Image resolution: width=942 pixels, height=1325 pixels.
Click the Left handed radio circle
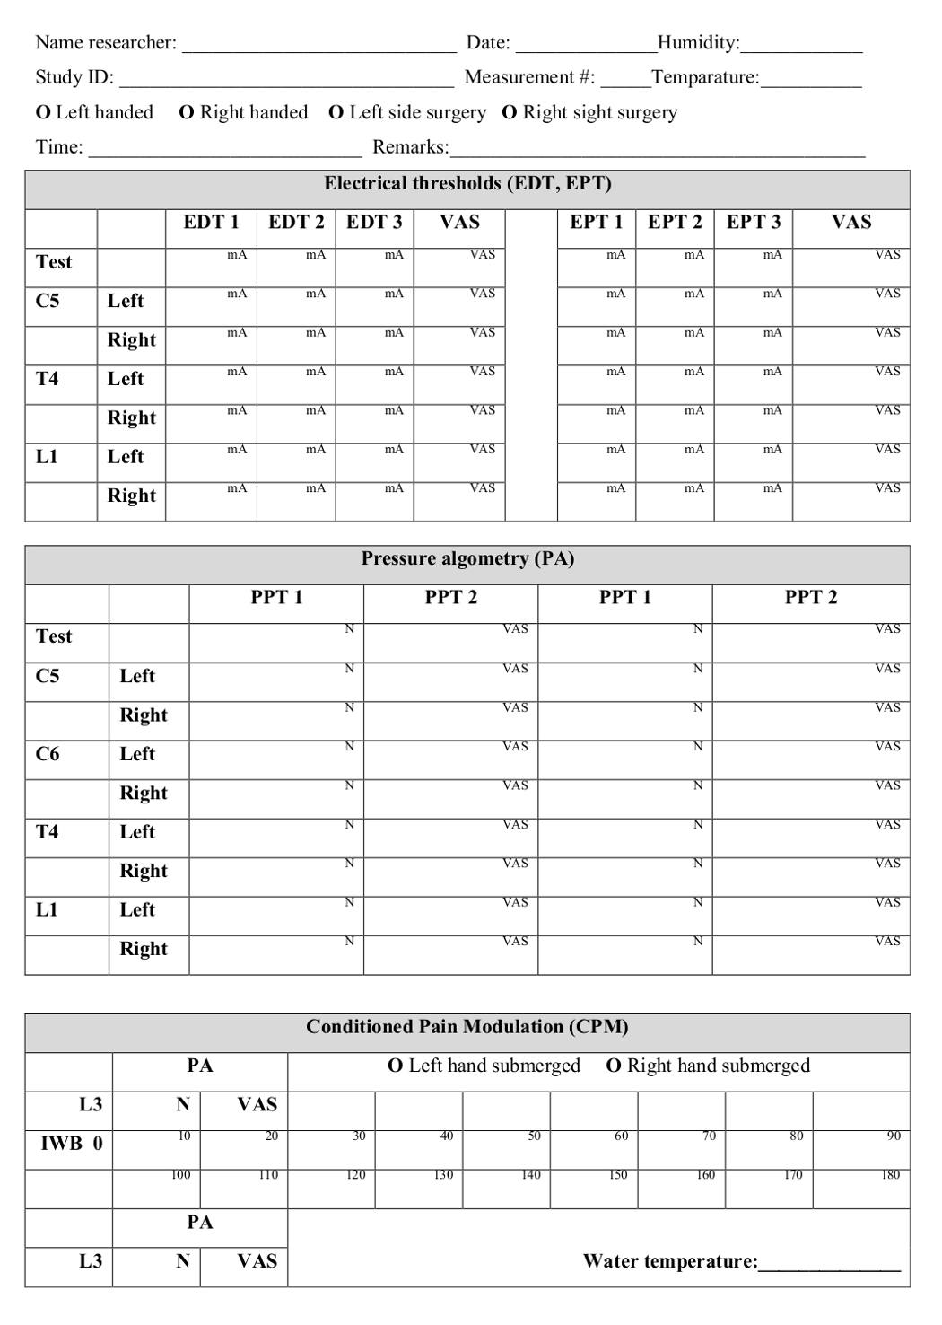pyautogui.click(x=43, y=113)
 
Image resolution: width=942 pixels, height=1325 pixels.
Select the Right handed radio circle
pyautogui.click(x=187, y=113)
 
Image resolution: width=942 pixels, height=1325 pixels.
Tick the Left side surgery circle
pyautogui.click(x=336, y=113)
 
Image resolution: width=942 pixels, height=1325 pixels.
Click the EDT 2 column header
pyautogui.click(x=296, y=223)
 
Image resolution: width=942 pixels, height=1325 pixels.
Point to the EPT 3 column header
pyautogui.click(x=754, y=223)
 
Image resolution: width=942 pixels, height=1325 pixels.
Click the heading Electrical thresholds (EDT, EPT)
pyautogui.click(x=467, y=184)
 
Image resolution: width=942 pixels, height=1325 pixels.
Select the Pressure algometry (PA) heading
pyautogui.click(x=467, y=559)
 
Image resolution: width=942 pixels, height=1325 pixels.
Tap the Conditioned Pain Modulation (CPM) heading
pyautogui.click(x=467, y=1027)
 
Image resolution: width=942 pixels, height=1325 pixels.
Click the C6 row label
pyautogui.click(x=48, y=754)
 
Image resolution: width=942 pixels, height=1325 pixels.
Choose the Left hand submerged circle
pyautogui.click(x=396, y=1066)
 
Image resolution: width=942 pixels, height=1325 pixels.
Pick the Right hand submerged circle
pyautogui.click(x=615, y=1066)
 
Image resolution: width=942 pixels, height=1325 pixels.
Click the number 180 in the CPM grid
pyautogui.click(x=890, y=1175)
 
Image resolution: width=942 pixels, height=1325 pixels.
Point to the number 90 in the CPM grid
pyautogui.click(x=894, y=1136)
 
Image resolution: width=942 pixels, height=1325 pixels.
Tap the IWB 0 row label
pyautogui.click(x=72, y=1144)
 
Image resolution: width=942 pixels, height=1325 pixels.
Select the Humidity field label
pyautogui.click(x=698, y=43)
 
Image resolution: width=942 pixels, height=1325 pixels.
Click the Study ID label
pyautogui.click(x=74, y=78)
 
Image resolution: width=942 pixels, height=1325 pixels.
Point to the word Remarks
pyautogui.click(x=410, y=147)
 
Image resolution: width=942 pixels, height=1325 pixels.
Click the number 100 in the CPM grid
pyautogui.click(x=180, y=1175)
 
